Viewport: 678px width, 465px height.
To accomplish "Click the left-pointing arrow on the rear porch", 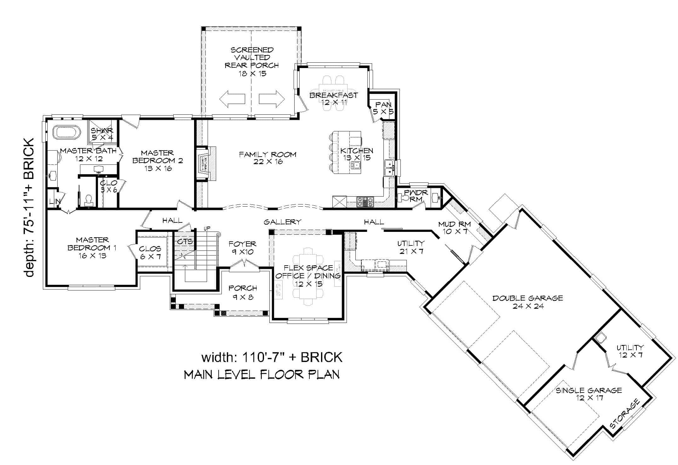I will click(x=232, y=99).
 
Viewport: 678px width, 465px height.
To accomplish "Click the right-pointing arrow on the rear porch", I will click(x=272, y=99).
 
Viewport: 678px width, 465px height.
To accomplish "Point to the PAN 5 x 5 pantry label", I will click(x=383, y=108).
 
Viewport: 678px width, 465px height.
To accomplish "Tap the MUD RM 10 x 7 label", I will click(x=454, y=227).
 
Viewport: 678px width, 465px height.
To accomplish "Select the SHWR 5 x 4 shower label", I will click(x=102, y=134).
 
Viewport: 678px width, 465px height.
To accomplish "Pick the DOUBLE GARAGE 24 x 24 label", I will click(x=528, y=302).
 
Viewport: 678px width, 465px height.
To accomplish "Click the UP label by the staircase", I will click(x=207, y=228).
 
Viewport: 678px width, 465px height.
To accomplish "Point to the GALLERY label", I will click(x=282, y=222).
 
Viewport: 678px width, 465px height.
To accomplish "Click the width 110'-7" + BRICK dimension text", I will click(x=272, y=357).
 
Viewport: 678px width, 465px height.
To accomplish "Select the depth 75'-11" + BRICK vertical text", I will click(x=30, y=208).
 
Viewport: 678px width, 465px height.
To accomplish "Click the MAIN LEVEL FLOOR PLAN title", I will click(x=261, y=375).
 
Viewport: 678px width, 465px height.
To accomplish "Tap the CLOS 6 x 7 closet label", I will click(x=150, y=253).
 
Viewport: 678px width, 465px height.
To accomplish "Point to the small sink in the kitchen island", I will click(x=356, y=165).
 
